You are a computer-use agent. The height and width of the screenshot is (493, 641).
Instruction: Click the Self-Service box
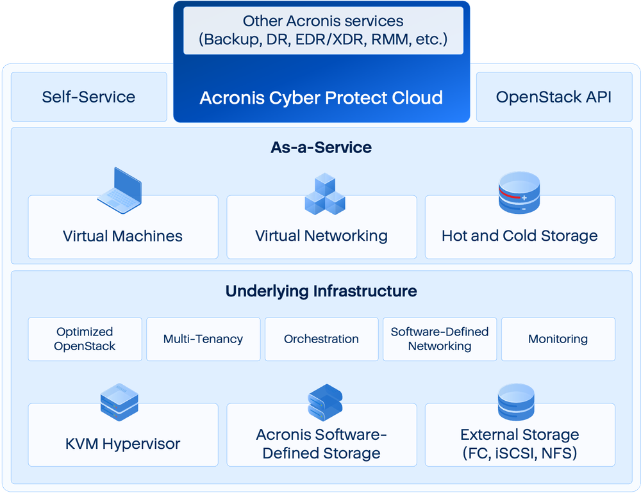pyautogui.click(x=88, y=97)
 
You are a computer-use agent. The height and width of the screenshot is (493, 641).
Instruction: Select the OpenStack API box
pyautogui.click(x=554, y=97)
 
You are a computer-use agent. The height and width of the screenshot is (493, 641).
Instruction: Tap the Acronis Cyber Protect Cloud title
pyautogui.click(x=321, y=98)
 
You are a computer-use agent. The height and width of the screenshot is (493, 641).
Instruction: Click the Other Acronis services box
pyautogui.click(x=323, y=31)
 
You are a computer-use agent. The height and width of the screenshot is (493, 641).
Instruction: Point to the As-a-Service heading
pyautogui.click(x=321, y=147)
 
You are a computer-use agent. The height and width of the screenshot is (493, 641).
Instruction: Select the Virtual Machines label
pyautogui.click(x=122, y=236)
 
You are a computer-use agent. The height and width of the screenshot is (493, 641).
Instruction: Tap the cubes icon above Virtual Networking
pyautogui.click(x=324, y=193)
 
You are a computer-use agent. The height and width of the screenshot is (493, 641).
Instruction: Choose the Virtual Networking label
pyautogui.click(x=321, y=236)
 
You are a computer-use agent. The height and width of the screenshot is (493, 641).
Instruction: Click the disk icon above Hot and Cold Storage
pyautogui.click(x=520, y=193)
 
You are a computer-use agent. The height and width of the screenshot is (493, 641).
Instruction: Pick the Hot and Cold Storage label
pyautogui.click(x=519, y=236)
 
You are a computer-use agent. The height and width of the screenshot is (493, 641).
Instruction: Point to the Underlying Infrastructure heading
pyautogui.click(x=321, y=291)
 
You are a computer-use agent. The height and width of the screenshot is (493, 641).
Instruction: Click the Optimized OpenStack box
pyautogui.click(x=85, y=339)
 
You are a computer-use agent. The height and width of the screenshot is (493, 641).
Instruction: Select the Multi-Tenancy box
pyautogui.click(x=203, y=339)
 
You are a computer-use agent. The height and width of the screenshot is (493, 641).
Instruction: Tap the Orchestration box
pyautogui.click(x=321, y=339)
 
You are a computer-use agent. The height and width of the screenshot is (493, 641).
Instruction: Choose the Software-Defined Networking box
pyautogui.click(x=440, y=339)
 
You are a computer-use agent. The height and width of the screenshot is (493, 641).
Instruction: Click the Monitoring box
pyautogui.click(x=558, y=339)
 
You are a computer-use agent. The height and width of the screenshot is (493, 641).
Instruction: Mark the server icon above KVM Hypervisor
pyautogui.click(x=119, y=403)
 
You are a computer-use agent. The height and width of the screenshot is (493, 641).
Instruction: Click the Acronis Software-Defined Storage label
pyautogui.click(x=321, y=444)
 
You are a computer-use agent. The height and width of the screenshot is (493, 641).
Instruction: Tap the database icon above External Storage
pyautogui.click(x=516, y=401)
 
